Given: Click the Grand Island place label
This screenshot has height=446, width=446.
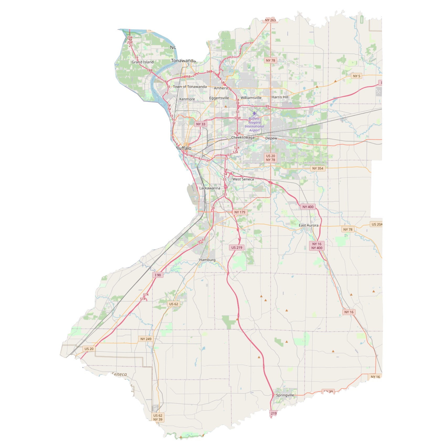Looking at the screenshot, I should coord(142,62).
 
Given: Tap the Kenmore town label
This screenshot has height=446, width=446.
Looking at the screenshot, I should coord(187,99).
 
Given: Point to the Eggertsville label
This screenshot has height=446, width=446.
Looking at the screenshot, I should coord(219,98).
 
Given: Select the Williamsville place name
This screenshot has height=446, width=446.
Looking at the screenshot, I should coord(251,98).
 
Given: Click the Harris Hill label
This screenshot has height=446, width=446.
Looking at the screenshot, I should coord(280,97).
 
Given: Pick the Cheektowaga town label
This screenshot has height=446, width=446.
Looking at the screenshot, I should coord(243,137).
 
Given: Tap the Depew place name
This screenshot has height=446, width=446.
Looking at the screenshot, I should coord(271,138).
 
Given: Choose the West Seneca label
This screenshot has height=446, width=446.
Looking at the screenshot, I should coord(243,179).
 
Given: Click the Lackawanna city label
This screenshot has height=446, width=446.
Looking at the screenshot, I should coord(210,188).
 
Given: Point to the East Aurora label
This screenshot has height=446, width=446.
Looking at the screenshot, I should coord(309,225).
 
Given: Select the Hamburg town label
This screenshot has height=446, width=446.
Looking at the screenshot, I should coord(207,260).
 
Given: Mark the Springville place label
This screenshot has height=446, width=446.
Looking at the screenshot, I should coord(285,395).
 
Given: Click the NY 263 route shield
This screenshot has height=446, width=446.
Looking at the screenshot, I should coord(270,20).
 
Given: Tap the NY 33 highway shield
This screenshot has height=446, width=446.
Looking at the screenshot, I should coord(201,124).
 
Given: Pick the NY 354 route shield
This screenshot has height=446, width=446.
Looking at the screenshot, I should coord(318,168).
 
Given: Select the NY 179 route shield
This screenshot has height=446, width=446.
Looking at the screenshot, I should coord(240,212).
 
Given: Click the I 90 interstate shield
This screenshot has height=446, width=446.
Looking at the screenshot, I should coord(158,275).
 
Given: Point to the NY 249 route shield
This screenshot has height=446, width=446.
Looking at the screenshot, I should coord(146,339).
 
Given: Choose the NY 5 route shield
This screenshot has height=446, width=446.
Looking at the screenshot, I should coord(357,76).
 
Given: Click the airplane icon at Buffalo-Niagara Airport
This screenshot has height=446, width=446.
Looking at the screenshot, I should coord(254,113).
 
